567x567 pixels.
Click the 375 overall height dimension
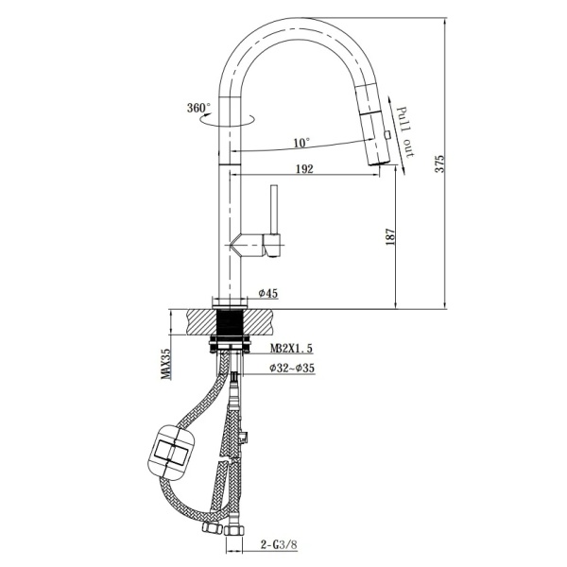click(x=439, y=163)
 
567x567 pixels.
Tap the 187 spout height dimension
click(x=390, y=237)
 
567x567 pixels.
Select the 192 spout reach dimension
click(x=304, y=169)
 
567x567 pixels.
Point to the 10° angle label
click(x=301, y=143)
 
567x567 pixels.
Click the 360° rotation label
click(x=198, y=108)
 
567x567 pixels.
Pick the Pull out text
click(x=404, y=132)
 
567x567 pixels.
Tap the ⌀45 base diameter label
click(x=268, y=293)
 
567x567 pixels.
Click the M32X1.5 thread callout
click(x=291, y=348)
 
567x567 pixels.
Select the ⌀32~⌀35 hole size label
click(x=292, y=369)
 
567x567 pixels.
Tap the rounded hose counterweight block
click(x=172, y=453)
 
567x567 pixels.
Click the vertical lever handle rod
click(x=274, y=210)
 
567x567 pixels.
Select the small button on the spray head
click(x=387, y=135)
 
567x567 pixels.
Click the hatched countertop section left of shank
click(x=201, y=322)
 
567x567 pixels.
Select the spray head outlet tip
click(x=379, y=164)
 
